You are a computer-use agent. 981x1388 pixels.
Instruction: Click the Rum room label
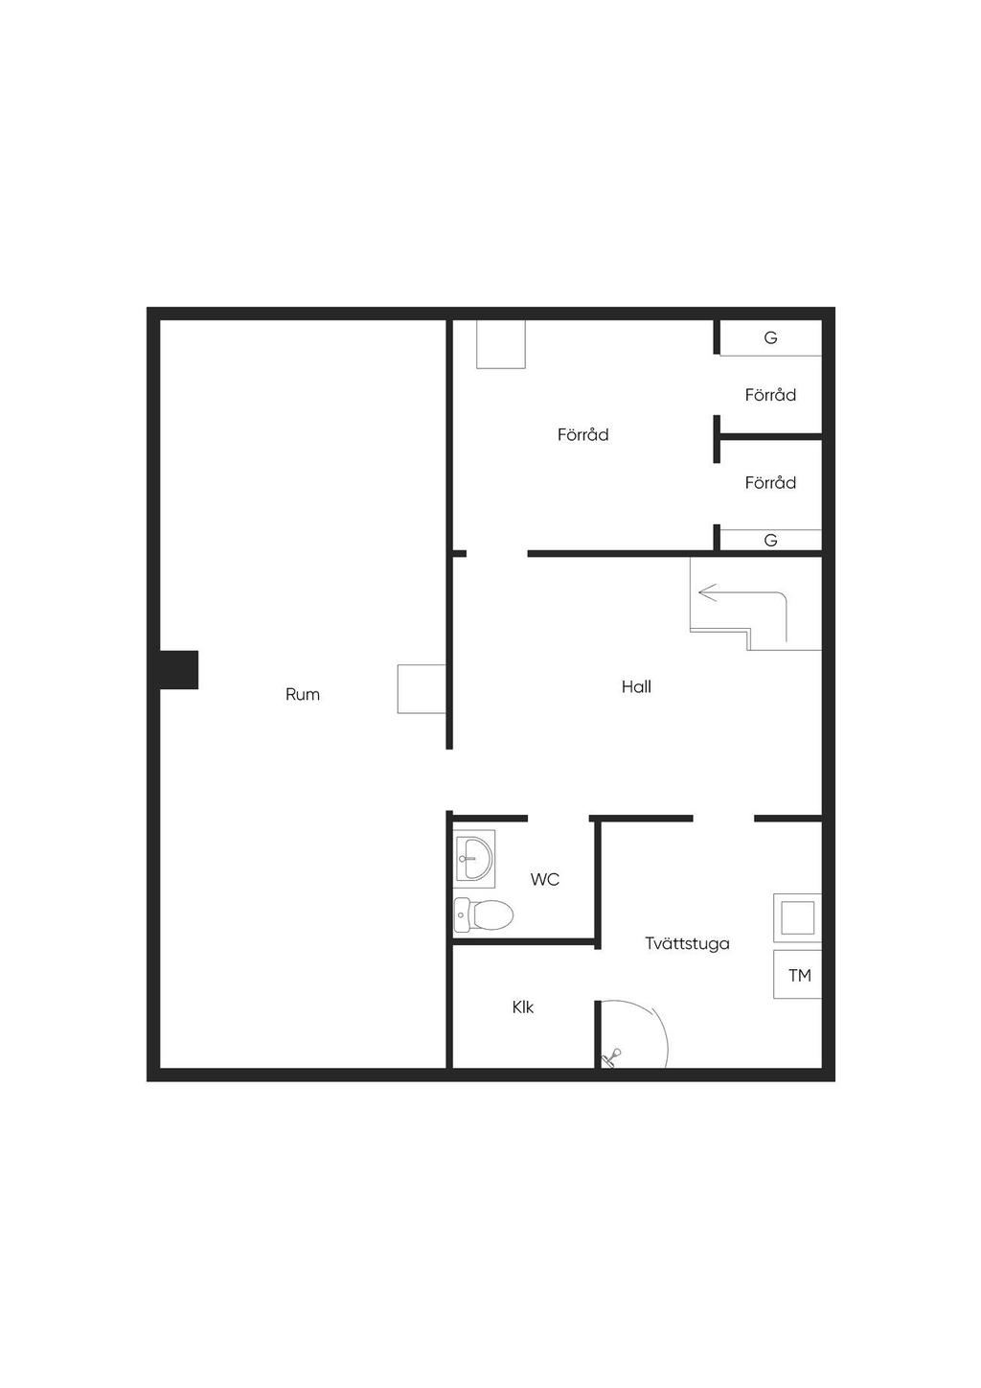[x=302, y=695]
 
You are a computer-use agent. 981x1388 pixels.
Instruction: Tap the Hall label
[x=636, y=686]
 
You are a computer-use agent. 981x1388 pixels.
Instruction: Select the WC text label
[x=544, y=879]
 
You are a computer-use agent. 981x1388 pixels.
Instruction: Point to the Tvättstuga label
[x=687, y=944]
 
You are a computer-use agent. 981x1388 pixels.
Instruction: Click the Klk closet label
[x=523, y=1008]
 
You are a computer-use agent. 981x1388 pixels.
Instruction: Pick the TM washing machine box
[x=798, y=976]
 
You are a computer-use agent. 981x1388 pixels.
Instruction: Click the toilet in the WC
[x=484, y=914]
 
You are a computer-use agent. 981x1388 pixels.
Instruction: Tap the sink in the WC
[x=474, y=859]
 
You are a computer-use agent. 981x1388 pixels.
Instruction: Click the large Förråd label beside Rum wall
[x=582, y=435]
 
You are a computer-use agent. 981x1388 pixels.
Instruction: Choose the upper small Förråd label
[x=770, y=395]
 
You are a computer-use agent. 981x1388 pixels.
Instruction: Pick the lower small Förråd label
[x=770, y=483]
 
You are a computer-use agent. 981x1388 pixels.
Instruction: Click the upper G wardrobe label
[x=770, y=337]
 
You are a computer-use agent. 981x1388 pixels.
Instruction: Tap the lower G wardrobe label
[x=770, y=541]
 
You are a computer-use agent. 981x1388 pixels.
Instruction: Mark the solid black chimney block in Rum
[x=179, y=669]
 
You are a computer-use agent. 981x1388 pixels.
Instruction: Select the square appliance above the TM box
[x=798, y=917]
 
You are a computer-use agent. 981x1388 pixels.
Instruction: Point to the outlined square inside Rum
[x=422, y=689]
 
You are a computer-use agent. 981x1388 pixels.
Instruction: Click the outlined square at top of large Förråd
[x=501, y=344]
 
